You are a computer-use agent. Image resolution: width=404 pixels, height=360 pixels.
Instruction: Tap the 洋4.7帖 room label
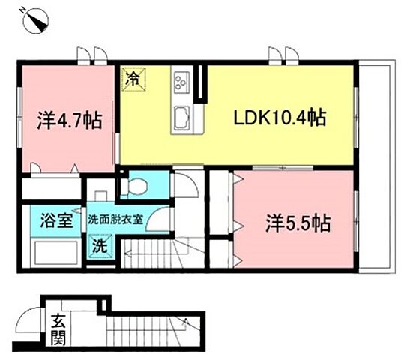point(70,119)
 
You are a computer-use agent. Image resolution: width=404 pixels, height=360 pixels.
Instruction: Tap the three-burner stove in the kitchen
point(181,80)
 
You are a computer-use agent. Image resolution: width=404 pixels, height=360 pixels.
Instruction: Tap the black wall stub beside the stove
point(201,84)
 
